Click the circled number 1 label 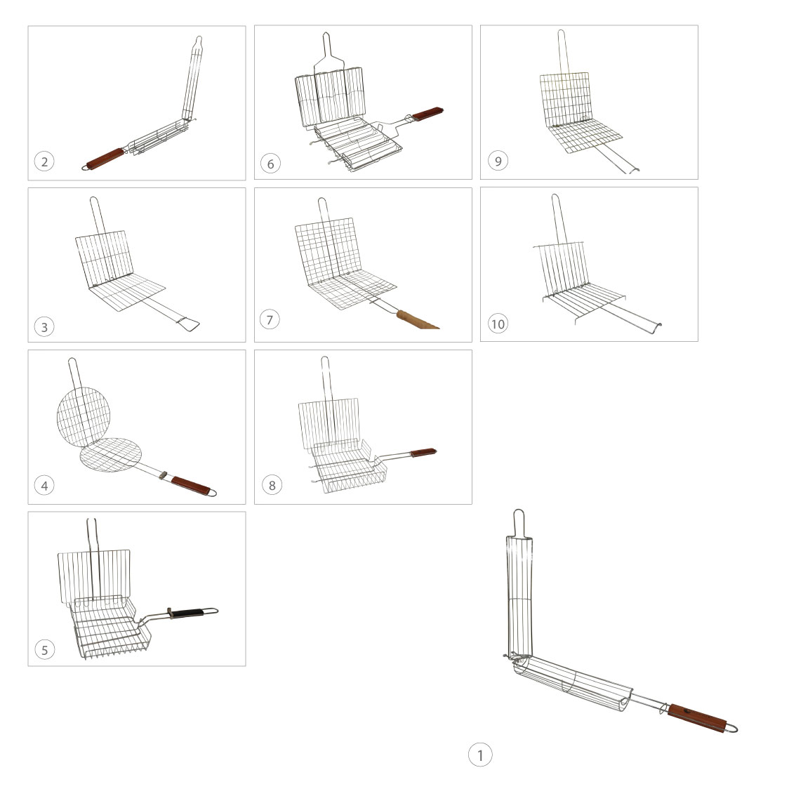(x=479, y=755)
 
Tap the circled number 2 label (x=44, y=161)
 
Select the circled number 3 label (x=44, y=326)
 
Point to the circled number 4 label (x=44, y=485)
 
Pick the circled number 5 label (x=45, y=649)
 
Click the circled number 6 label (x=270, y=164)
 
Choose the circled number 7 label (x=270, y=319)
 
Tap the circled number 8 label (x=272, y=485)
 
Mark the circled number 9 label (x=498, y=161)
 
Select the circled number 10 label (x=498, y=324)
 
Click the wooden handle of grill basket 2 (x=105, y=159)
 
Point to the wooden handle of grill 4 (x=191, y=485)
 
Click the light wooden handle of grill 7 (x=417, y=320)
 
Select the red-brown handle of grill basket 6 (x=427, y=114)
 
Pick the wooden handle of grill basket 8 (x=423, y=452)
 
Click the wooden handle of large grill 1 (x=696, y=718)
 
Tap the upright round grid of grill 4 (x=84, y=417)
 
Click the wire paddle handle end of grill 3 (x=187, y=324)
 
